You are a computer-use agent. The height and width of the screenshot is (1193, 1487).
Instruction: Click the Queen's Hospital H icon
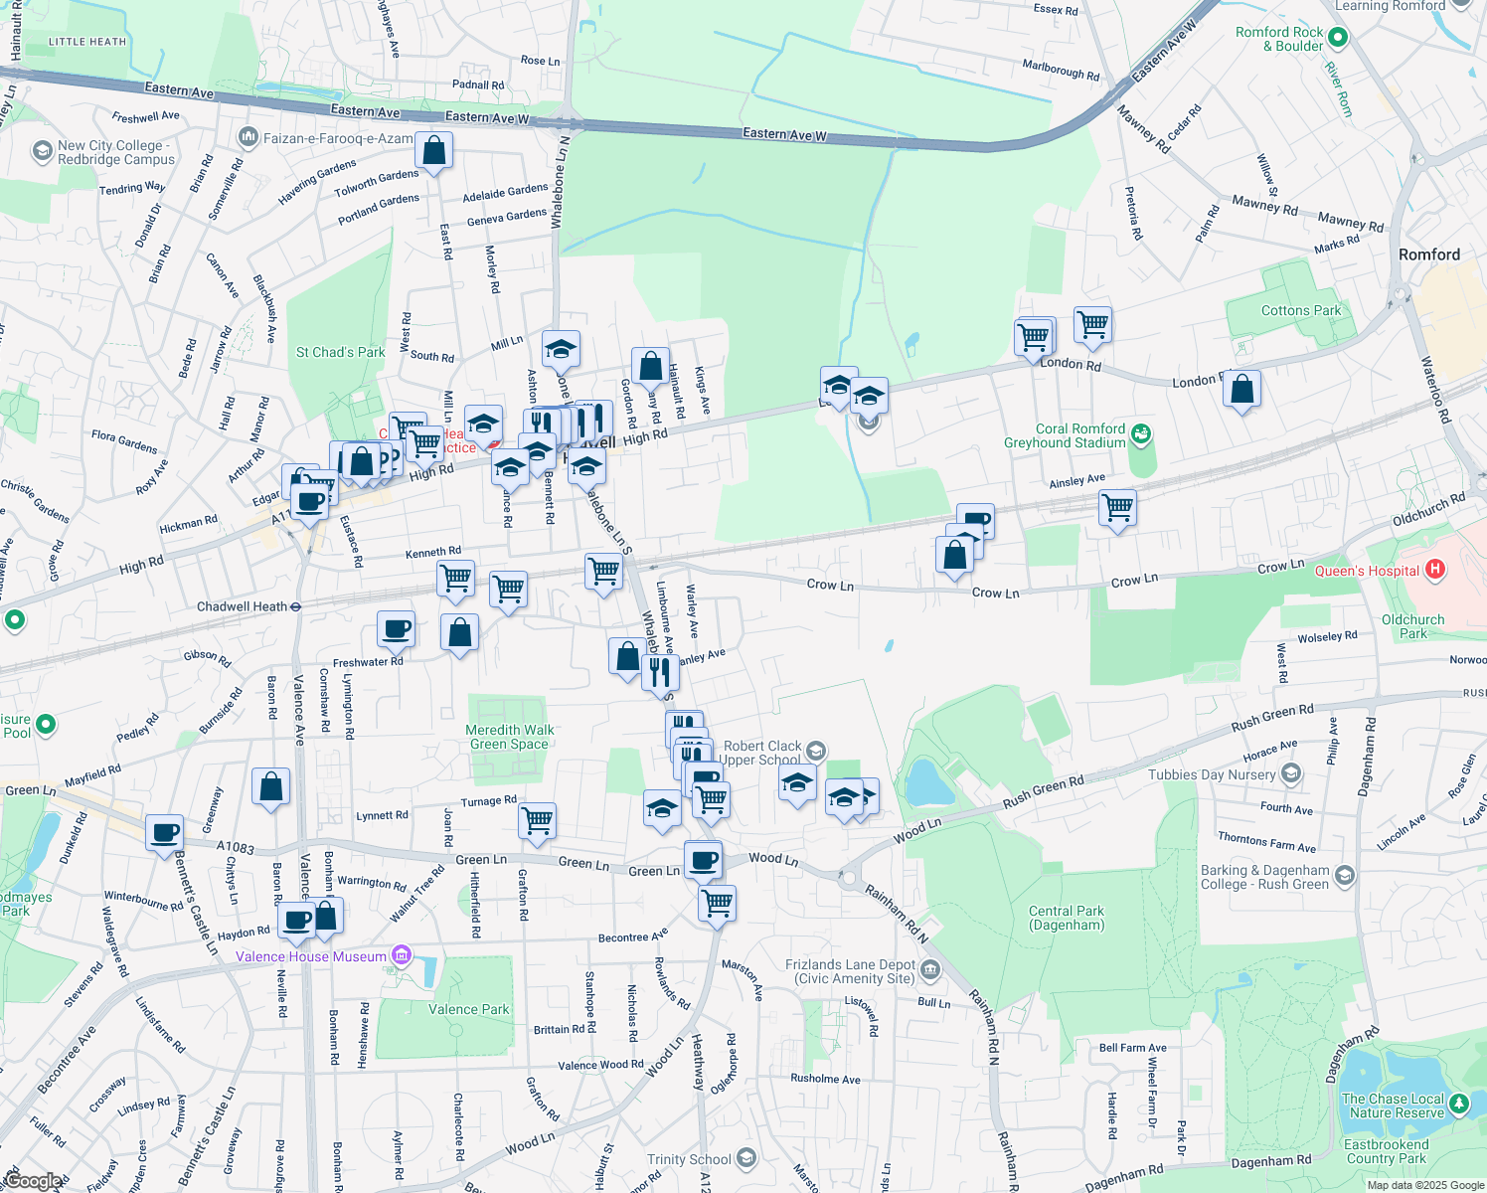click(x=1434, y=570)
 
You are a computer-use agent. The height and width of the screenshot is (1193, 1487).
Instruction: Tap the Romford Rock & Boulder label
click(x=1279, y=39)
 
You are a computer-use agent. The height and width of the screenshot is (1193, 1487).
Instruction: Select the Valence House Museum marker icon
click(x=402, y=956)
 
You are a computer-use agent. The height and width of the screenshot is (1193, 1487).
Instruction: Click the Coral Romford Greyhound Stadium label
click(x=1065, y=435)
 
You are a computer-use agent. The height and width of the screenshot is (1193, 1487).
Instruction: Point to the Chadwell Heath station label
click(x=242, y=606)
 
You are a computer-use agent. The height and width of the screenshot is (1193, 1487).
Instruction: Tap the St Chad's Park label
click(x=340, y=352)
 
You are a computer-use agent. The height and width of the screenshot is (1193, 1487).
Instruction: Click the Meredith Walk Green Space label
click(x=510, y=737)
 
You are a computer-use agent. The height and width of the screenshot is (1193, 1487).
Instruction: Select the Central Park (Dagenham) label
click(x=1067, y=918)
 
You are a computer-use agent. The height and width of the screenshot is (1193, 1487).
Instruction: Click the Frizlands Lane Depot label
click(x=850, y=971)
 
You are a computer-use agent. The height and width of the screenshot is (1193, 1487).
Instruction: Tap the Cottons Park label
click(x=1301, y=310)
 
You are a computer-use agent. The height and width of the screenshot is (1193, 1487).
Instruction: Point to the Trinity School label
click(x=689, y=1159)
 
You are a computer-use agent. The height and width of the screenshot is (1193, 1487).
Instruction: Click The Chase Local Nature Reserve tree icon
click(x=1458, y=1104)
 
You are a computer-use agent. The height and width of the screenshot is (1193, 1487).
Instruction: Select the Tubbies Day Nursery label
click(x=1212, y=774)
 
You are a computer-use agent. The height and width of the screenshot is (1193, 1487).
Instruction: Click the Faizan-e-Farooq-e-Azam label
click(x=337, y=138)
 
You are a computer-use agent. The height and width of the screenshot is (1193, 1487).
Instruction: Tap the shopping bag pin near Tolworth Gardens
click(x=434, y=151)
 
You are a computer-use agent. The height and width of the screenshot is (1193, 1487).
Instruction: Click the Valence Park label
click(x=468, y=1009)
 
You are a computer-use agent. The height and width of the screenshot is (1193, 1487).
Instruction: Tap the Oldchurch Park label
click(x=1412, y=626)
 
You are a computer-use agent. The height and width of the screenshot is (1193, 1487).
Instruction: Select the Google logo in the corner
click(x=32, y=1181)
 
